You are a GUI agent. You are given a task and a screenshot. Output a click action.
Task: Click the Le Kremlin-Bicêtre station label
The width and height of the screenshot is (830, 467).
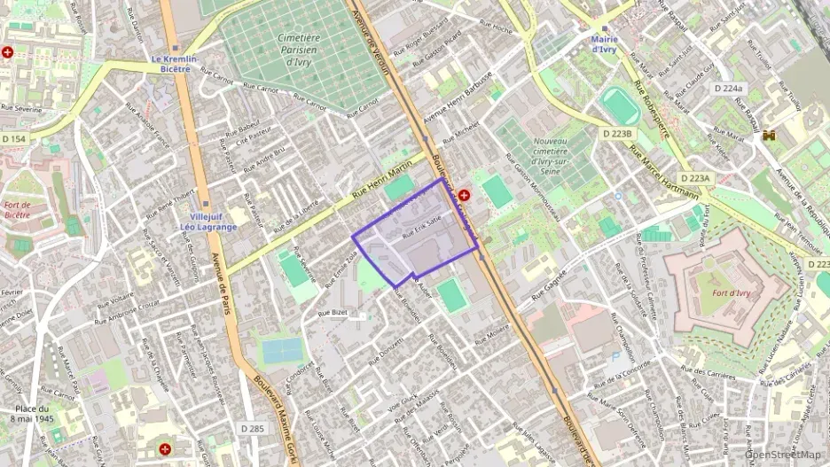tap(176, 63)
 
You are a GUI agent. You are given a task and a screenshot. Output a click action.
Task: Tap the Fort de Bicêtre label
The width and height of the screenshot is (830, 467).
tap(17, 209)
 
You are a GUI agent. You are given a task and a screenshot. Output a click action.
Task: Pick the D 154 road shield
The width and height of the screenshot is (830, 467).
tap(14, 139)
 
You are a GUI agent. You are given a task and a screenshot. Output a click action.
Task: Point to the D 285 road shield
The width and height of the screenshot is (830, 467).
tap(253, 429)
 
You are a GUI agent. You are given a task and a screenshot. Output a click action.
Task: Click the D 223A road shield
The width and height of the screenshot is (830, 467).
tap(696, 178)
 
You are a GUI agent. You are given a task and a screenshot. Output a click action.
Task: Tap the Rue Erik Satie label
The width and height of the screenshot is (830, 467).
tap(421, 226)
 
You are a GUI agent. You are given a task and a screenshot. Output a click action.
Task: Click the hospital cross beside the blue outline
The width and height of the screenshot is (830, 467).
tap(464, 193)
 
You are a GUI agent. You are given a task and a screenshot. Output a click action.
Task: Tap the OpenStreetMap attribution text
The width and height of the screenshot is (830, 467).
tap(783, 455)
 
